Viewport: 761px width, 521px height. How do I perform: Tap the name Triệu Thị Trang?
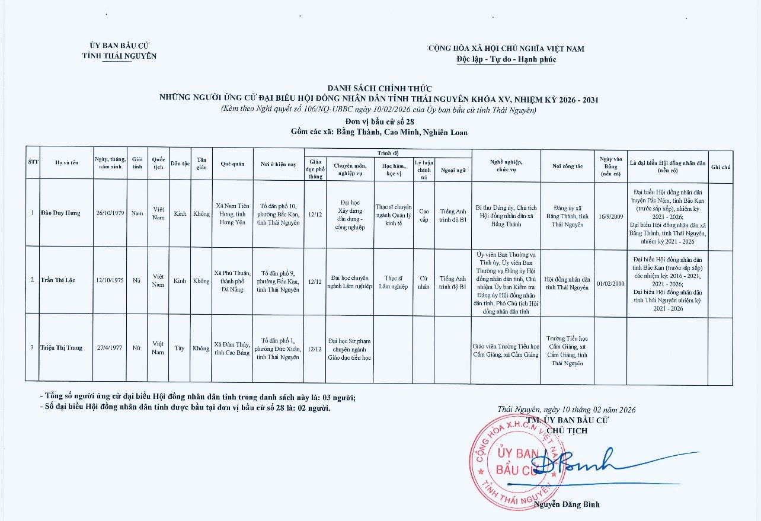tap(61, 348)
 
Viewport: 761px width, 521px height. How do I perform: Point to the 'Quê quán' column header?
tap(233, 164)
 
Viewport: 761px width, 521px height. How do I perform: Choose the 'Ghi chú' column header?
tap(721, 167)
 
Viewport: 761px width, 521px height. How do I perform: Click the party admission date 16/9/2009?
tap(610, 218)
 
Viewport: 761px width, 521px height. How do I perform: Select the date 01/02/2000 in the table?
tap(610, 284)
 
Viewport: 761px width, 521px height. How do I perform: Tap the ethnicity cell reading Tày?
tap(180, 349)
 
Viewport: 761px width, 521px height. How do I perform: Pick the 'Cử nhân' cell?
tap(424, 282)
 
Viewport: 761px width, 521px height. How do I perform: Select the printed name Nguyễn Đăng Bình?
tap(567, 504)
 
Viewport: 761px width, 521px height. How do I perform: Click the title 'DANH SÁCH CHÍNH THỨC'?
tap(379, 88)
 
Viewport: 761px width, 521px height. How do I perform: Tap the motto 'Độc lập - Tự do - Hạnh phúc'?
tap(506, 59)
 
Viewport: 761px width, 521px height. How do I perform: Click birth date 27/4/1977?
tap(110, 348)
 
